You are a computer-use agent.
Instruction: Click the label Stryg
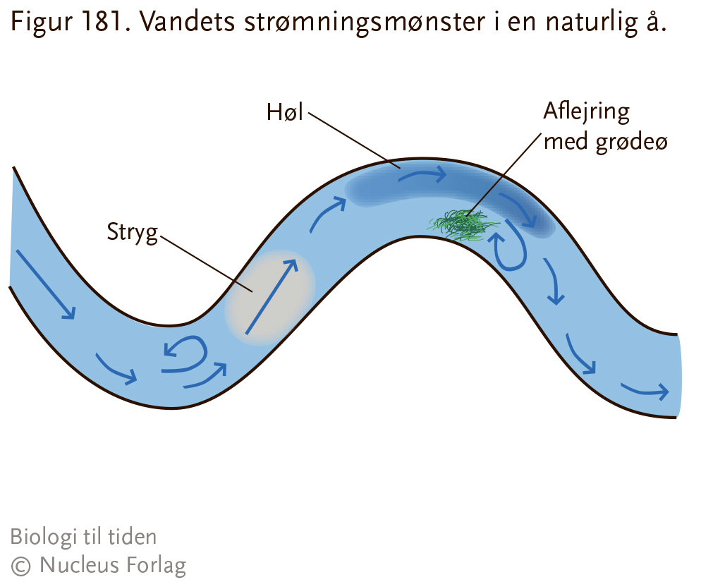point(133,233)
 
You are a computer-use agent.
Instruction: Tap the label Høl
point(285,112)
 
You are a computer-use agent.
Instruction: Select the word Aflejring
point(587,112)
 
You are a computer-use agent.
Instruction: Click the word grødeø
point(632,143)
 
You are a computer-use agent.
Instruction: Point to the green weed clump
point(463,224)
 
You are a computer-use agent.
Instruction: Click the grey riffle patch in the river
point(269,298)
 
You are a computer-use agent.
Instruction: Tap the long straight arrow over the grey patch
point(272,297)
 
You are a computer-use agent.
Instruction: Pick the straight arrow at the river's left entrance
point(46,285)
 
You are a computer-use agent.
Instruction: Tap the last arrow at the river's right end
point(645,391)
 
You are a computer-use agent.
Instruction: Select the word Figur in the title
point(41,23)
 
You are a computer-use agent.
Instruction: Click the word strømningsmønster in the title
point(365,23)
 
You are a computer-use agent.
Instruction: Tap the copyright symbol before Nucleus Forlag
point(20,566)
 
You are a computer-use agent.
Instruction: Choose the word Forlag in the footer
point(156,566)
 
